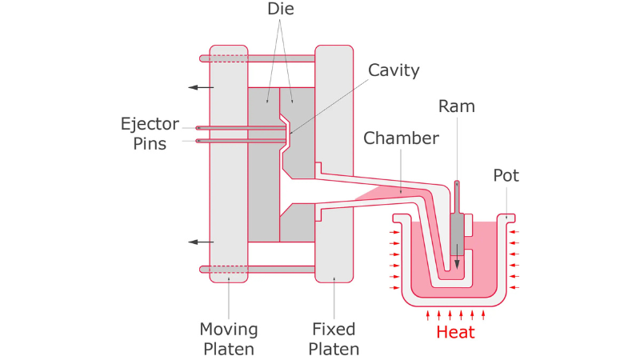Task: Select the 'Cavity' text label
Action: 393,70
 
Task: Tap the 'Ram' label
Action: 457,106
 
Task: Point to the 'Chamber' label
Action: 401,138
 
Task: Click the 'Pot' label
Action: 506,175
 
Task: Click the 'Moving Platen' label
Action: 229,338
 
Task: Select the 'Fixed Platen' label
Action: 334,338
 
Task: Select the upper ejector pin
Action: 240,128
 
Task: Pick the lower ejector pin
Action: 240,141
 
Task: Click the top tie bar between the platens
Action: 281,58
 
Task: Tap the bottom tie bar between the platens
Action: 281,270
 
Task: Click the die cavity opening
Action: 286,134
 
